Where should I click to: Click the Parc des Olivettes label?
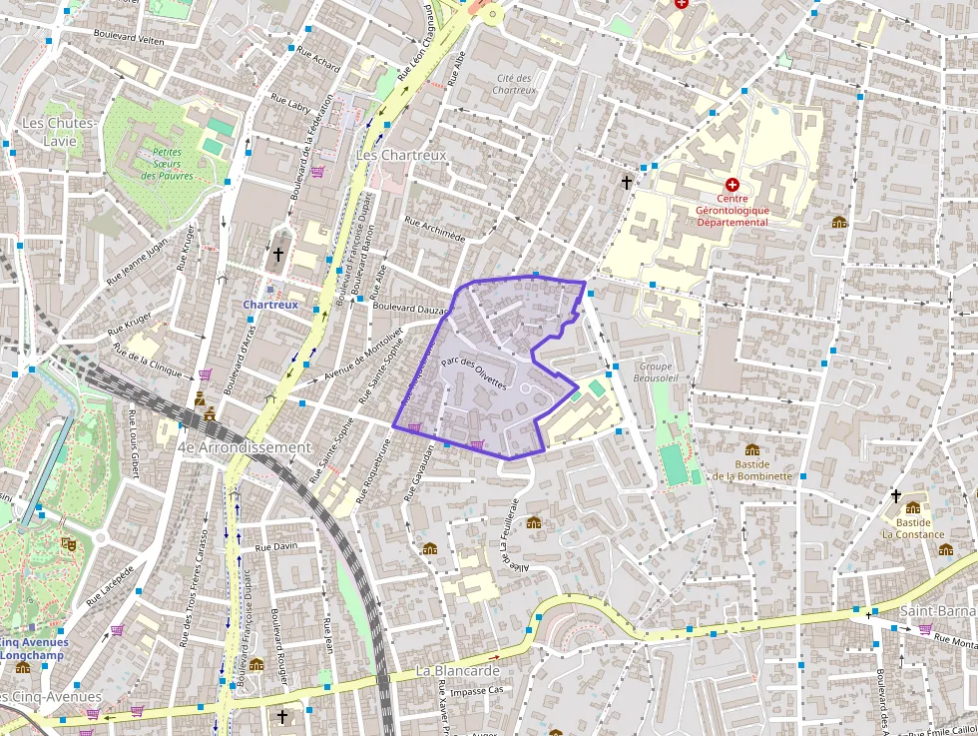tap(474, 372)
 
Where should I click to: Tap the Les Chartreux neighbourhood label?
tap(401, 156)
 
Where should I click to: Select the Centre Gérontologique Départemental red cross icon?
tap(733, 185)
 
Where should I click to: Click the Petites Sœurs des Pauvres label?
tap(167, 165)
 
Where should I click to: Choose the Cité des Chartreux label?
tap(515, 84)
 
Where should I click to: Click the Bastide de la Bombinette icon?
tap(752, 449)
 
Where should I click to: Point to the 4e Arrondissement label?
tap(244, 447)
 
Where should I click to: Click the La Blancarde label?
tap(457, 671)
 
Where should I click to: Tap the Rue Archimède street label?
tap(435, 230)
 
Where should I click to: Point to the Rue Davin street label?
tap(276, 547)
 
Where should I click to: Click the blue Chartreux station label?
tap(270, 304)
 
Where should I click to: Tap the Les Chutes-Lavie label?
tap(60, 132)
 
